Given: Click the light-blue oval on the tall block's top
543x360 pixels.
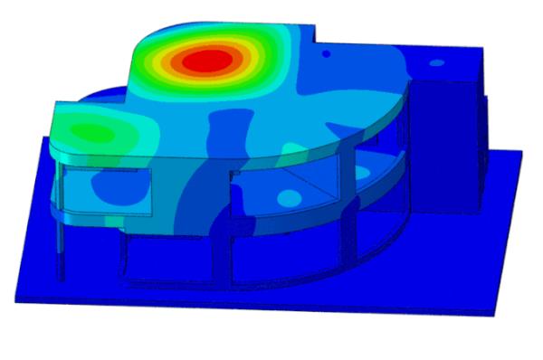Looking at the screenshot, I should click(x=436, y=64).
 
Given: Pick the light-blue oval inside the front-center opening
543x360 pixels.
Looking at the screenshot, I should click(x=290, y=196).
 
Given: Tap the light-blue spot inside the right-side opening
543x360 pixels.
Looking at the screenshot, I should click(x=362, y=172).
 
